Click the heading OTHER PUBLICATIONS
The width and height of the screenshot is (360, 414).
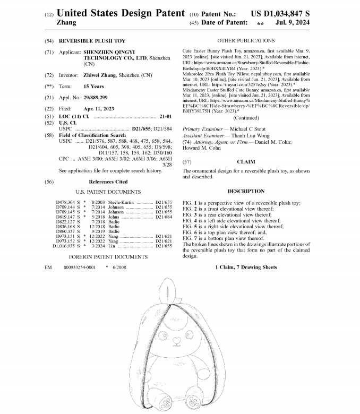246,40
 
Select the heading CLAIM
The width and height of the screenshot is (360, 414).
246,161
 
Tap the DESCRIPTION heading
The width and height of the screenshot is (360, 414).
246,191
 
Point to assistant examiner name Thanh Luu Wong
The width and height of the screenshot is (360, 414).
250,136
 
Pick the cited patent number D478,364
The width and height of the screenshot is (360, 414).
66,203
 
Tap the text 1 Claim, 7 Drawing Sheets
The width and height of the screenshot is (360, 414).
246,267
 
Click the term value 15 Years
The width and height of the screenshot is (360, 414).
94,87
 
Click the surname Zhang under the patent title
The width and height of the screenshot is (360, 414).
66,23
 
